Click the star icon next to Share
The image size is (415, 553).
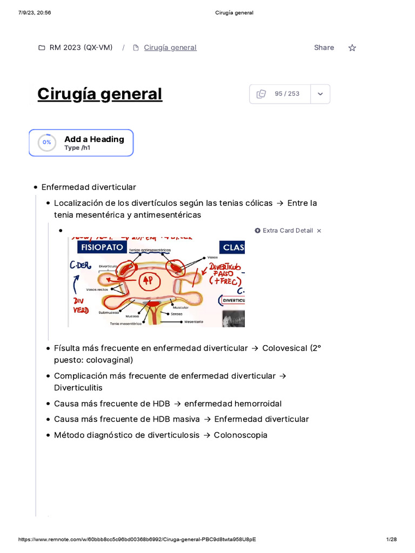[x=352, y=48]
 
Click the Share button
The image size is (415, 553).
[x=324, y=48]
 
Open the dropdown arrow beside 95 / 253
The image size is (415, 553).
[x=320, y=94]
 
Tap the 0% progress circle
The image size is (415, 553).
[x=47, y=143]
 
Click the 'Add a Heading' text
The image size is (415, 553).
[x=94, y=139]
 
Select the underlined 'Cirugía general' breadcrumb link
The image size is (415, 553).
[x=170, y=48]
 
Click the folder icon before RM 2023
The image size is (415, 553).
[x=42, y=48]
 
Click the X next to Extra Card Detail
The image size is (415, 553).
[x=319, y=231]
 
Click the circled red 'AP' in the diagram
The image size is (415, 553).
[x=147, y=280]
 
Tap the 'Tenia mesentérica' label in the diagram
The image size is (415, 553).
[x=126, y=323]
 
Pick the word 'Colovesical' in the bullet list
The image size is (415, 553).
[x=285, y=348]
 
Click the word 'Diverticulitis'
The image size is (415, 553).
[x=78, y=388]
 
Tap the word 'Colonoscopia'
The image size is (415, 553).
[x=240, y=435]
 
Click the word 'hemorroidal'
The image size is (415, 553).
[x=257, y=403]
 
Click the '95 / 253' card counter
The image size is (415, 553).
[x=287, y=94]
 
